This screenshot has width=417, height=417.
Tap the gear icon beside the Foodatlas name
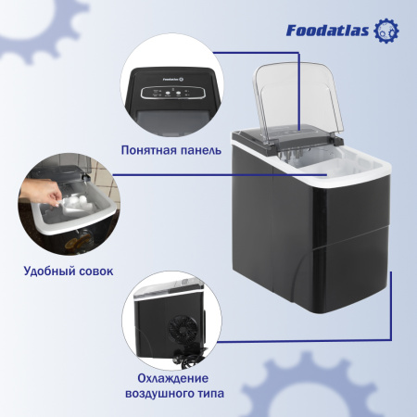click(387, 32)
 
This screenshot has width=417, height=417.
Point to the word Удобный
click(50, 272)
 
